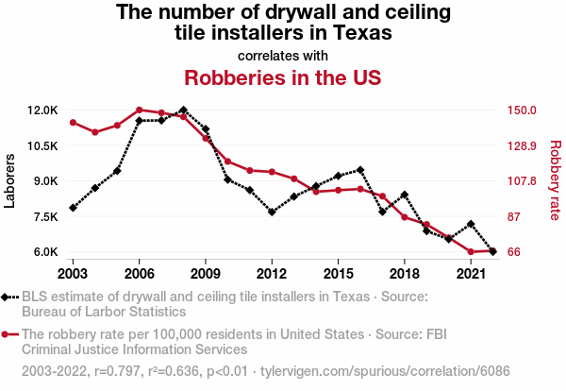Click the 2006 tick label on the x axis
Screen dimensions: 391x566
pyautogui.click(x=139, y=273)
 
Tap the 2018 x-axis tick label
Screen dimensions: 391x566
pyautogui.click(x=404, y=273)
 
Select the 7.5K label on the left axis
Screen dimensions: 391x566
pyautogui.click(x=45, y=217)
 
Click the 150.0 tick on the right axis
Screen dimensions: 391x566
pyautogui.click(x=522, y=110)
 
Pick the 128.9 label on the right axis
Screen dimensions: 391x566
pyautogui.click(x=522, y=146)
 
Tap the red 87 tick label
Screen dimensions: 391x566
pyautogui.click(x=514, y=217)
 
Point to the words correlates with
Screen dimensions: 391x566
pyautogui.click(x=283, y=55)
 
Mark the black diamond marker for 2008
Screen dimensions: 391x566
pyautogui.click(x=183, y=110)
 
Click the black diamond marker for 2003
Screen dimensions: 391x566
pyautogui.click(x=73, y=208)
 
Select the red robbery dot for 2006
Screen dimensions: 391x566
pyautogui.click(x=139, y=110)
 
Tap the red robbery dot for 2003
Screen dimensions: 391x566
pyautogui.click(x=73, y=123)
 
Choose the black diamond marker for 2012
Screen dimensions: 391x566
pyautogui.click(x=272, y=212)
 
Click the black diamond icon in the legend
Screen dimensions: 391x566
pyautogui.click(x=8, y=297)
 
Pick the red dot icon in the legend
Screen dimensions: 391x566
pyautogui.click(x=8, y=334)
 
